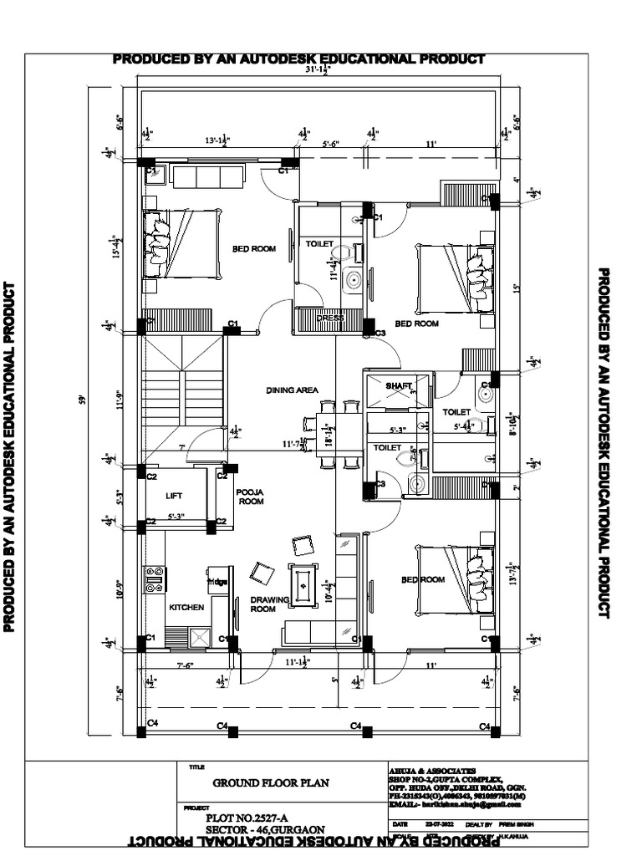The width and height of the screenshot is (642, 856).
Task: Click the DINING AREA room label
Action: tap(293, 390)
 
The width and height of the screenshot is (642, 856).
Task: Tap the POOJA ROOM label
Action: tap(250, 497)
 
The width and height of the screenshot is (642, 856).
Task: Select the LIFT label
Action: tap(174, 496)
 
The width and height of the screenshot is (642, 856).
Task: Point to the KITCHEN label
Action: tap(186, 607)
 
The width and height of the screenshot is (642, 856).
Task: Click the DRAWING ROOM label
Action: tap(263, 604)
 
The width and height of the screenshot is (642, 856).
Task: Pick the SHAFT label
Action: tap(399, 386)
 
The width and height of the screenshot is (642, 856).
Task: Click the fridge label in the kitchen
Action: tap(217, 581)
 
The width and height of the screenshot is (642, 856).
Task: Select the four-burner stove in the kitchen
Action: tap(155, 579)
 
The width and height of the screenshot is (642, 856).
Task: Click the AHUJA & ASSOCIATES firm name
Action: tap(432, 769)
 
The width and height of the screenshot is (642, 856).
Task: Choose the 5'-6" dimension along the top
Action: tap(331, 144)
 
